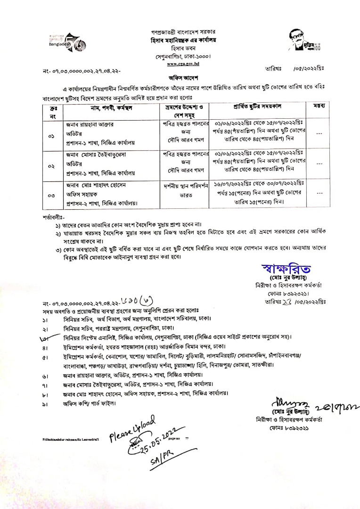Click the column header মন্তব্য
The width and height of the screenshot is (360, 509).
[317, 107]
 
